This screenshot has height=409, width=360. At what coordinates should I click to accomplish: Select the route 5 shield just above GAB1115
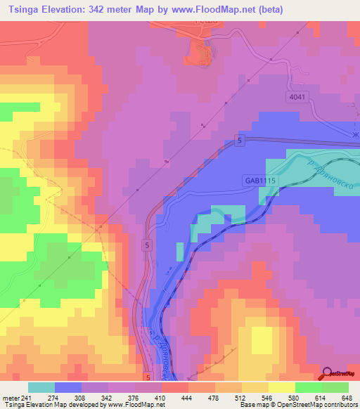click(240, 142)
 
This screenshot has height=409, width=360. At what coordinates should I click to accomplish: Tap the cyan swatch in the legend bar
click(41, 387)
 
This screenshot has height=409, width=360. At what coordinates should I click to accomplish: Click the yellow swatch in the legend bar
click(281, 387)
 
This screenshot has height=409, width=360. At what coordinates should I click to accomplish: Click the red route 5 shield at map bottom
click(148, 377)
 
